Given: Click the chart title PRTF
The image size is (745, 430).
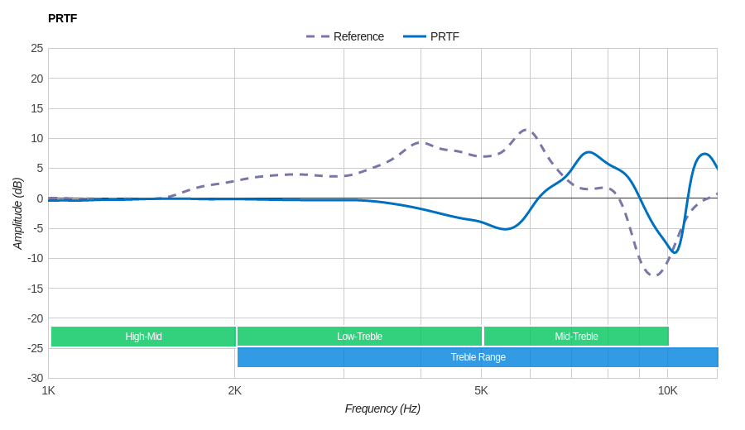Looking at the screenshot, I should pyautogui.click(x=62, y=18).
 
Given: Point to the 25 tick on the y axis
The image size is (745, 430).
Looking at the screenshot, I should pyautogui.click(x=36, y=48).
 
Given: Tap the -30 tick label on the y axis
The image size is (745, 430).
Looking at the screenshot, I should pyautogui.click(x=35, y=378).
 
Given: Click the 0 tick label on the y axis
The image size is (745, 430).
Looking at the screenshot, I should pyautogui.click(x=39, y=198).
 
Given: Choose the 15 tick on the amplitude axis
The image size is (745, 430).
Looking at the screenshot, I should pyautogui.click(x=36, y=108).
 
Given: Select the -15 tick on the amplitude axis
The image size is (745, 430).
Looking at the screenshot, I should pyautogui.click(x=35, y=288).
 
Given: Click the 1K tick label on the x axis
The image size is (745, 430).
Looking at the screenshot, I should pyautogui.click(x=49, y=390).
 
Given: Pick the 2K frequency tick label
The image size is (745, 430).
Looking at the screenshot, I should pyautogui.click(x=235, y=390).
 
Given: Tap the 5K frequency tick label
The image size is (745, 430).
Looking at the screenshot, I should pyautogui.click(x=481, y=390).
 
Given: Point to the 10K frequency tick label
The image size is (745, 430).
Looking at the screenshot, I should pyautogui.click(x=667, y=390).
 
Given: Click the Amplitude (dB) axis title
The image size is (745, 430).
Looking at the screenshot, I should pyautogui.click(x=17, y=213).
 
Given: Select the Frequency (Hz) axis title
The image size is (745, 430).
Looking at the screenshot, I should pyautogui.click(x=382, y=408).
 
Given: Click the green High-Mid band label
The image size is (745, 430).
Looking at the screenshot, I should pyautogui.click(x=143, y=337).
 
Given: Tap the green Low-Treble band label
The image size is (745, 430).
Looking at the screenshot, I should pyautogui.click(x=359, y=337).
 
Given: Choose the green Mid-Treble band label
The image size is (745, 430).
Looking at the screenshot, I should pyautogui.click(x=576, y=337).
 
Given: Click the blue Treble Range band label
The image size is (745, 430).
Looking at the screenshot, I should pyautogui.click(x=478, y=357).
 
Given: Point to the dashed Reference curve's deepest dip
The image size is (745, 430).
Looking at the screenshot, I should pyautogui.click(x=655, y=275).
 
